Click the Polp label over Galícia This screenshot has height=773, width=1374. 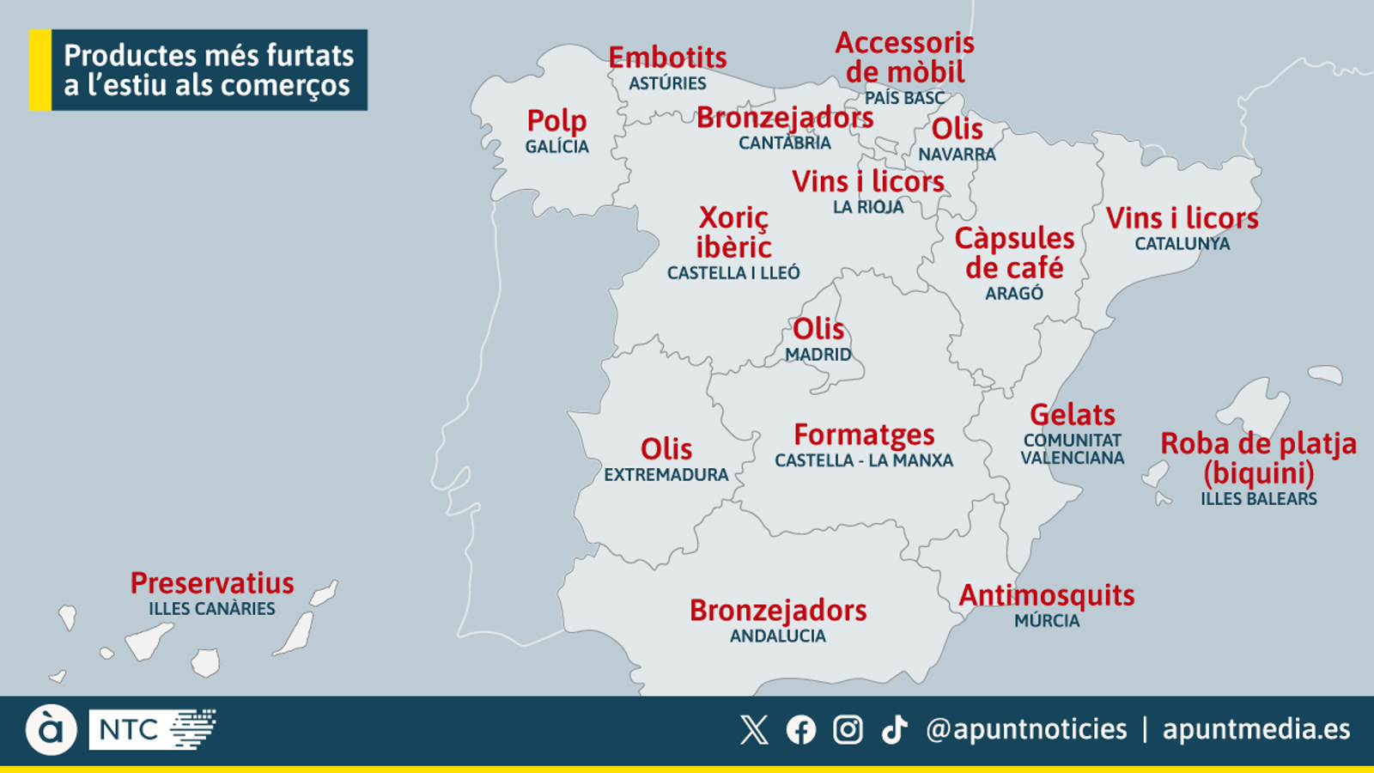coord(556,121)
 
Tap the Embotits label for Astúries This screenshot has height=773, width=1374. coord(667,58)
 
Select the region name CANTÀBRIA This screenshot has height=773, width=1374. coord(784,143)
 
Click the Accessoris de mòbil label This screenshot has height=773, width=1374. coord(904,58)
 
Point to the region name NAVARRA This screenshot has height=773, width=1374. coord(957,155)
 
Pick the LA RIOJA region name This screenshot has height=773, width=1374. coord(868,207)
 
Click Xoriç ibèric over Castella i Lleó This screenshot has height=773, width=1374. coord(733,232)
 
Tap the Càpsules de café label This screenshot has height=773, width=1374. coord(1014,253)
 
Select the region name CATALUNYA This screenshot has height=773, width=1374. coord(1182,244)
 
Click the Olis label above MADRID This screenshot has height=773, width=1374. coord(818,329)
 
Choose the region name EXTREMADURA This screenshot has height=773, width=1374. coord(666,475)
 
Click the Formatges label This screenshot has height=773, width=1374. coord(864,435)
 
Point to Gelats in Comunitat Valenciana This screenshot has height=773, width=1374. coord(1072,415)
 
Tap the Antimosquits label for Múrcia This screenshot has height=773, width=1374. coord(1046,595)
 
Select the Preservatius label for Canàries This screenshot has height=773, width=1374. coord(212,583)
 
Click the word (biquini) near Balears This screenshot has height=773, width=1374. coord(1258,473)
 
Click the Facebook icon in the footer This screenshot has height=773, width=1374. coord(800,730)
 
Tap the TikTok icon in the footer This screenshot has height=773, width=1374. coord(894,730)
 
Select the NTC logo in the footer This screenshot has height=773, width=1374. coord(152,729)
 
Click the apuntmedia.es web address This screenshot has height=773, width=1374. coord(1255,729)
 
